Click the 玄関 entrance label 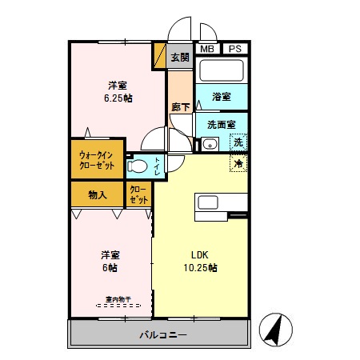[x=179, y=57]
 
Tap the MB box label [x=206, y=48]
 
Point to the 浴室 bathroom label [x=222, y=97]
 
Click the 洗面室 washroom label [x=221, y=125]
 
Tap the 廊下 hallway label [x=180, y=106]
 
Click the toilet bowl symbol [x=138, y=166]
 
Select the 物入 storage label [x=98, y=194]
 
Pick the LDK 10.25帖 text [x=199, y=261]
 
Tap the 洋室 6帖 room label [x=110, y=261]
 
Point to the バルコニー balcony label [x=162, y=333]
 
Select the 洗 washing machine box [x=238, y=143]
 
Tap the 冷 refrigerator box [x=238, y=163]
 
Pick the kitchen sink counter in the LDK [x=209, y=206]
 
